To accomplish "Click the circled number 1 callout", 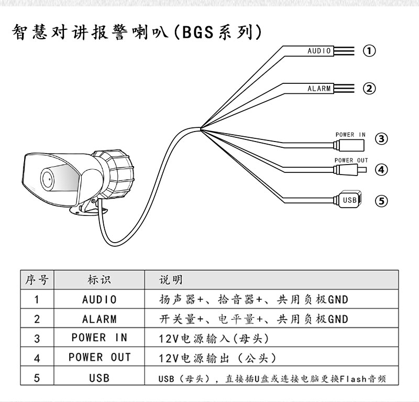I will [370, 51].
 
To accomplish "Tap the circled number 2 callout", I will [370, 89].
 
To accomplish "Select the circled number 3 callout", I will [382, 139].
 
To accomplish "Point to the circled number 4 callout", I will [382, 169].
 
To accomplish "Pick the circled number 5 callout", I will [382, 200].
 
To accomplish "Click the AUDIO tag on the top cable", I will [319, 51].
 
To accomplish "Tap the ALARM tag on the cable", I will [319, 89].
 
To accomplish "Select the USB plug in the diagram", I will [349, 200].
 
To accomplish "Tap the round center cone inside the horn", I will [48, 178].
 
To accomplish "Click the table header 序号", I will [37, 280].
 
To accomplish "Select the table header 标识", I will [99, 280].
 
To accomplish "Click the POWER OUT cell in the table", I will [100, 357].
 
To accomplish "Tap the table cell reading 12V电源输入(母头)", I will [217, 339].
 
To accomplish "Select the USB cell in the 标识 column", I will [99, 377].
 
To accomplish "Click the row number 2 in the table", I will [37, 319].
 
